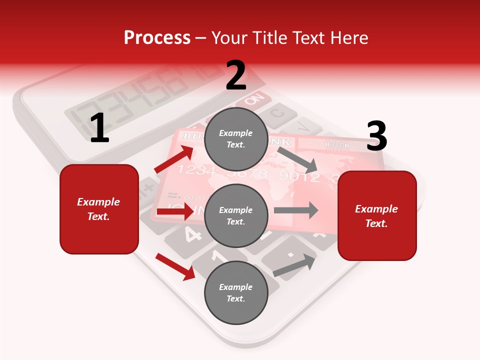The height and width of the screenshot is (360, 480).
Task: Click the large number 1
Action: pyautogui.click(x=99, y=128)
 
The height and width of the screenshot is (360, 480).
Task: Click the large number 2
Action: pyautogui.click(x=236, y=75)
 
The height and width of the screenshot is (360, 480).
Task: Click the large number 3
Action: pyautogui.click(x=376, y=136)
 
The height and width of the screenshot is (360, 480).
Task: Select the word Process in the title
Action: pyautogui.click(x=157, y=38)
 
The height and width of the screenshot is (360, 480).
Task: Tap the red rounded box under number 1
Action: pyautogui.click(x=99, y=209)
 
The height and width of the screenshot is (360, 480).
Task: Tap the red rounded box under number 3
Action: pyautogui.click(x=377, y=216)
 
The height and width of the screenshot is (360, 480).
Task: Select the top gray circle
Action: pyautogui.click(x=236, y=139)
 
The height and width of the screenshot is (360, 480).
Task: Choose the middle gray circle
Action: pyautogui.click(x=236, y=216)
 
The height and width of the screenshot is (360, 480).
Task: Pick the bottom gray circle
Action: pyautogui.click(x=236, y=292)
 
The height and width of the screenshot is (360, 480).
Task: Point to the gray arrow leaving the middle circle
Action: pyautogui.click(x=296, y=210)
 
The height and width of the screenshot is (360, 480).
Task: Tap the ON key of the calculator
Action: pyautogui.click(x=254, y=98)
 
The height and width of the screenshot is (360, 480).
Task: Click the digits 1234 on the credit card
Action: pyautogui.click(x=196, y=170)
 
